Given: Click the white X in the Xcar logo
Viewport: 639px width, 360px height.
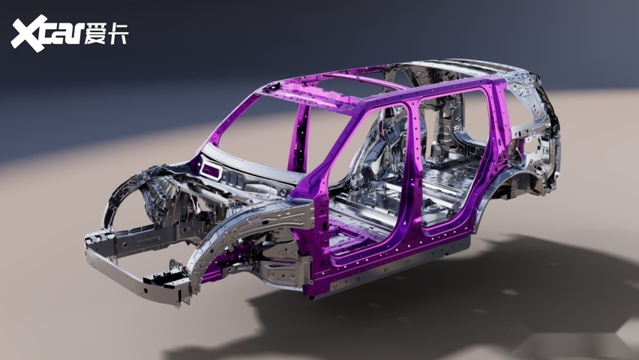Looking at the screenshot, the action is [27, 34].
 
